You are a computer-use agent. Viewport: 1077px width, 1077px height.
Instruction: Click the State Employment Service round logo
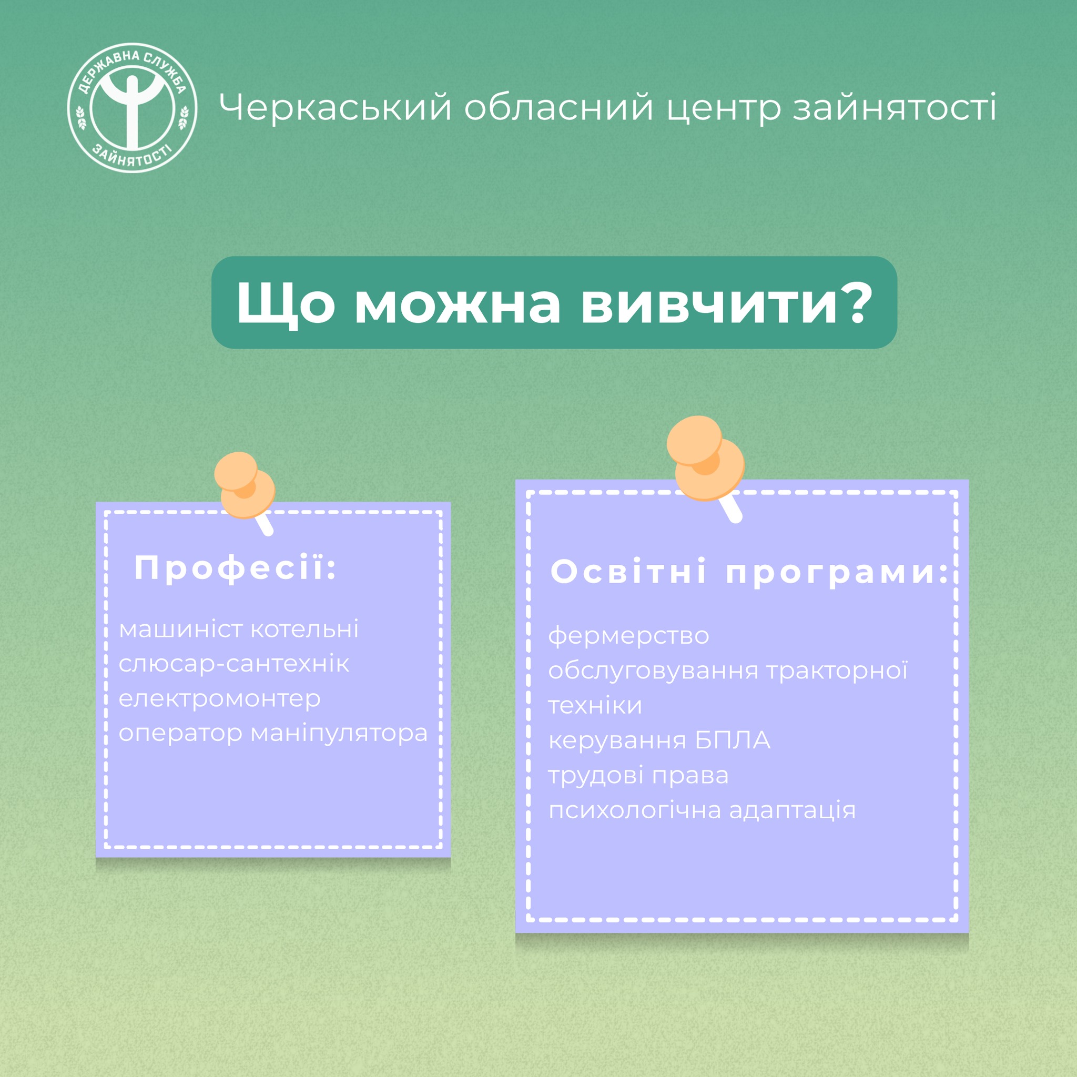click(x=132, y=108)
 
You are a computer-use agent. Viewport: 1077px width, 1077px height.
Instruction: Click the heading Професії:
click(x=236, y=568)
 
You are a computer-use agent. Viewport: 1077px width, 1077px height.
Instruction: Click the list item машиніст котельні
click(x=239, y=629)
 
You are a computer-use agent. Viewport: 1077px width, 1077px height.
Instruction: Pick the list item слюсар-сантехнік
click(x=234, y=663)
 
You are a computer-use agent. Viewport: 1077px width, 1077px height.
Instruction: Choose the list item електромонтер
click(x=220, y=698)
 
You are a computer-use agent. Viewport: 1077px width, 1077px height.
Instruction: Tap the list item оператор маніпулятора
click(x=273, y=734)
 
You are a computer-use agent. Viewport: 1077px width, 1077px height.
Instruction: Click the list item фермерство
click(x=629, y=635)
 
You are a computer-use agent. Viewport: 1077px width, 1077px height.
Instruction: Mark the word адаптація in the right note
click(x=792, y=810)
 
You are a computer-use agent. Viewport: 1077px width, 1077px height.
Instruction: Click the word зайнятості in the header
click(x=894, y=108)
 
